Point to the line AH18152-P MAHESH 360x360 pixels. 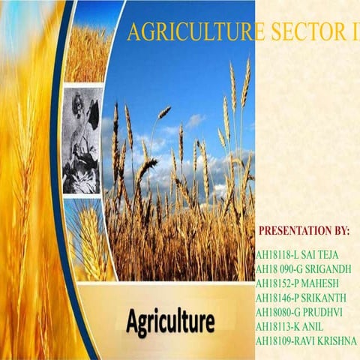[x=297, y=283]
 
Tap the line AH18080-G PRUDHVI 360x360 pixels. [x=299, y=312]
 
